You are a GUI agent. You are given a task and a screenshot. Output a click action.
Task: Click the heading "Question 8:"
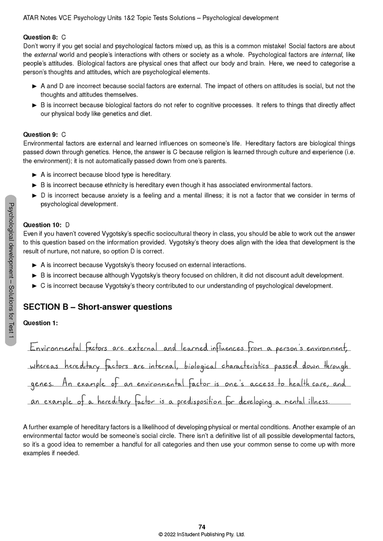point(41,37)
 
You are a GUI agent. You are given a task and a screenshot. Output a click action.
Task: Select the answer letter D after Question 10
point(67,225)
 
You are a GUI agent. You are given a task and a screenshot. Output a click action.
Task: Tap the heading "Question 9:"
point(41,135)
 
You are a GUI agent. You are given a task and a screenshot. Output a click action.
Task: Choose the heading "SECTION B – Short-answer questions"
point(98,307)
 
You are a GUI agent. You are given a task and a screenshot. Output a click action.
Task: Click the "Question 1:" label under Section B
point(41,323)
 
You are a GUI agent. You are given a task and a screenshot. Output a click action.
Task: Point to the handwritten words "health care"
point(311,383)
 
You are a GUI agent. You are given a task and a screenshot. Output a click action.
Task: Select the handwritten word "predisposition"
point(205,401)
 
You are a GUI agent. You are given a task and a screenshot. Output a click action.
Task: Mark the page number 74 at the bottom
point(202,527)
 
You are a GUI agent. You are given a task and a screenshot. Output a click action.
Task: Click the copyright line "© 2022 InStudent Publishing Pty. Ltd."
point(202,534)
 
